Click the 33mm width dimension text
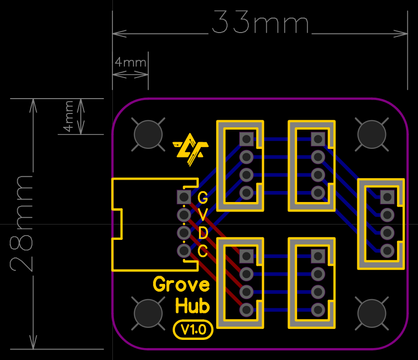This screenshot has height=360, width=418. click(260, 23)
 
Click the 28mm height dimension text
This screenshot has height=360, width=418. click(22, 223)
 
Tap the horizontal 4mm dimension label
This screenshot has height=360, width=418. click(130, 62)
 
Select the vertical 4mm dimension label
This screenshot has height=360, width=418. click(68, 116)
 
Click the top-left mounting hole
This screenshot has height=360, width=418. click(147, 135)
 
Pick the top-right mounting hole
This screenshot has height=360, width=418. click(372, 135)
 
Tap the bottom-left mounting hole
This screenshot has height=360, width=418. click(147, 313)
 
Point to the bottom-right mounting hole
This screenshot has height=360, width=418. click(372, 313)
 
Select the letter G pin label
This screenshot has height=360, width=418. click(203, 197)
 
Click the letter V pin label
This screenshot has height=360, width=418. click(203, 214)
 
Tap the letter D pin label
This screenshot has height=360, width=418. click(203, 233)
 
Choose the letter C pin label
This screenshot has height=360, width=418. click(203, 251)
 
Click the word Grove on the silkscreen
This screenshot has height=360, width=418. click(181, 285)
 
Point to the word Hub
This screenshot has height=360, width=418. click(192, 305)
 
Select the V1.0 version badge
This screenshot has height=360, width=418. click(192, 329)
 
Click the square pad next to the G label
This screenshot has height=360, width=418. click(183, 197)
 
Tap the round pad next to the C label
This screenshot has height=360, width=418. click(183, 250)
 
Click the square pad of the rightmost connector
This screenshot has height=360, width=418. click(387, 196)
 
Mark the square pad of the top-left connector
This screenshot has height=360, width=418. click(246, 139)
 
